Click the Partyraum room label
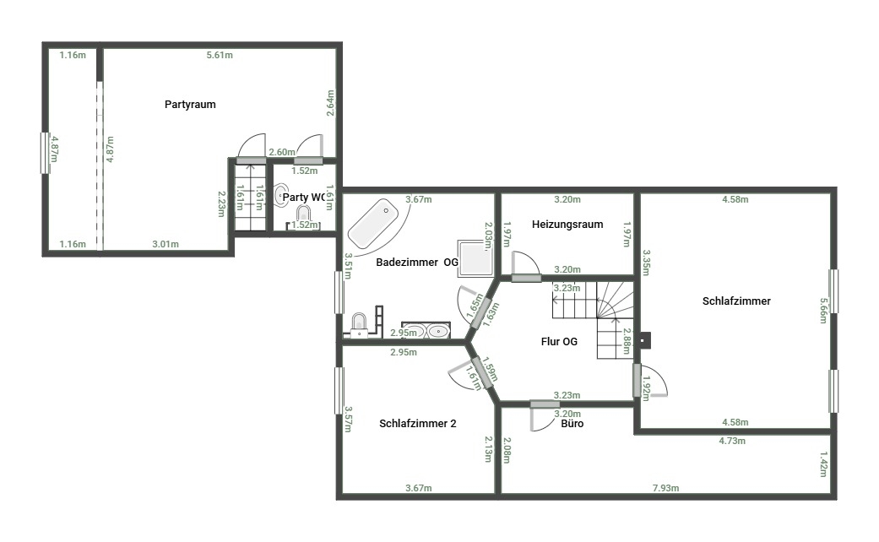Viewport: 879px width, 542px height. pos(190,104)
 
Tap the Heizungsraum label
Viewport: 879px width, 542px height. pos(567,225)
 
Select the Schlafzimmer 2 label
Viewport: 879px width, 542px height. pos(418,423)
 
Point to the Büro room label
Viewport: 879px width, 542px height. pos(572,424)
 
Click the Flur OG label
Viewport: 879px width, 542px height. pos(559,341)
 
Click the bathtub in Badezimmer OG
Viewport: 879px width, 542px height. pos(372,224)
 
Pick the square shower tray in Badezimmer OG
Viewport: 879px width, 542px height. pos(475,258)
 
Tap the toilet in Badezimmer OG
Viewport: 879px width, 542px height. pos(359,324)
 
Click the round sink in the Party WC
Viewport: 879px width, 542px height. pos(281,195)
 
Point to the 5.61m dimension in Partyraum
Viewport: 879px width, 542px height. pos(220,55)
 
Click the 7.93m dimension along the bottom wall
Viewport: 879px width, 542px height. pos(665,488)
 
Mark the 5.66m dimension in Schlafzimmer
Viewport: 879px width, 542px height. pos(823,311)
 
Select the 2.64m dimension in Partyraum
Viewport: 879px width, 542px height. pos(331,103)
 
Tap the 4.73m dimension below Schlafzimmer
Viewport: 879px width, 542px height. pos(732,441)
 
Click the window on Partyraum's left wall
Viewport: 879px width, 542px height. pos(44,153)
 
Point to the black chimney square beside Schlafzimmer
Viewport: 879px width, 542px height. pos(646,340)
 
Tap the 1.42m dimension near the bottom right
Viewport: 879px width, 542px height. pos(823,464)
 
